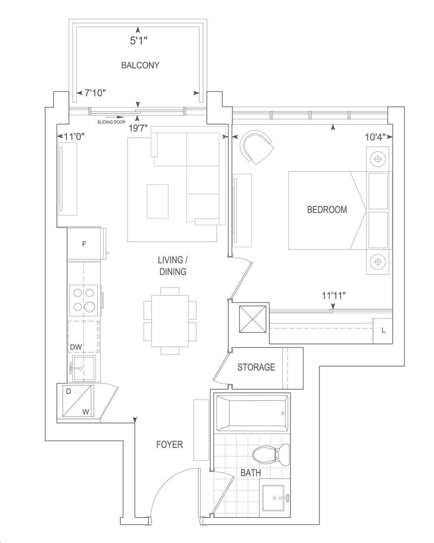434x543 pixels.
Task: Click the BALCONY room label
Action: (x=140, y=65)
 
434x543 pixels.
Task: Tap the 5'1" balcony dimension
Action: (x=138, y=40)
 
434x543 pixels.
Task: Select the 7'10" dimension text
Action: (x=95, y=93)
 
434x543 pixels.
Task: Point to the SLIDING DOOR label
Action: (x=111, y=122)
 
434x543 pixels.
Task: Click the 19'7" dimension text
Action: (x=138, y=128)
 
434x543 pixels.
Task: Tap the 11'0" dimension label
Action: (x=74, y=137)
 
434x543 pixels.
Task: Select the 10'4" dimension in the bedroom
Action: (x=375, y=137)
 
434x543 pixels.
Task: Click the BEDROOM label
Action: (x=327, y=210)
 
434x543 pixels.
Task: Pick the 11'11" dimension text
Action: (x=334, y=296)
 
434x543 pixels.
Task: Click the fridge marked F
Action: (x=84, y=244)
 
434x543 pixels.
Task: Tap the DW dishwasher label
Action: (x=76, y=347)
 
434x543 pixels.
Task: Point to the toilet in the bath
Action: (x=271, y=455)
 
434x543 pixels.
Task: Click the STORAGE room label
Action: (x=256, y=367)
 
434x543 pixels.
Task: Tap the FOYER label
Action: (x=170, y=445)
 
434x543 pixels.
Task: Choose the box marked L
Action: (x=383, y=330)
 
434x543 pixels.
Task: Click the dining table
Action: (x=170, y=321)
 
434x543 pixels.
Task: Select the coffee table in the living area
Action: (x=158, y=201)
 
